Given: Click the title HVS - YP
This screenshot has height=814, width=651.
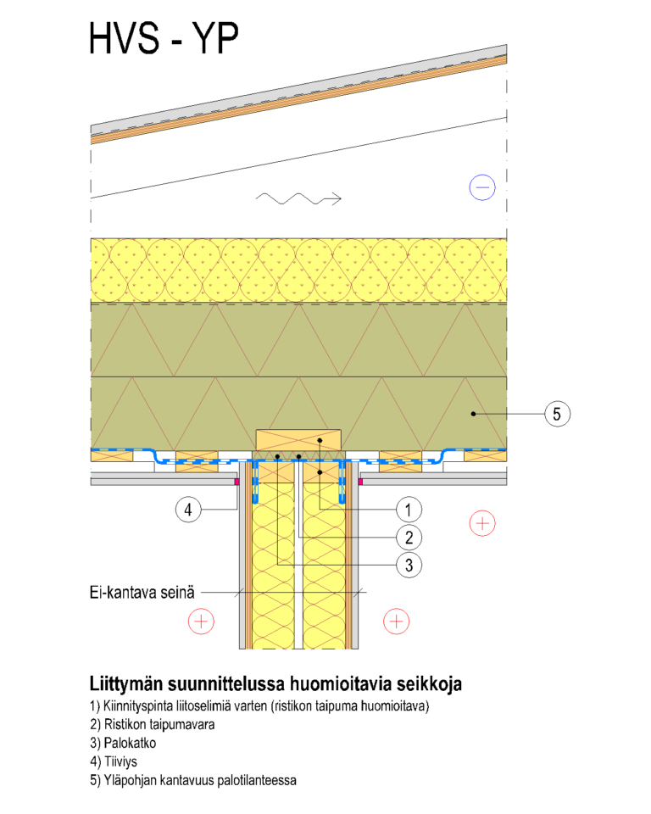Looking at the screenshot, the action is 164,38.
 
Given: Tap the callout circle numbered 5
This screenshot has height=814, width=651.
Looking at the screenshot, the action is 557,414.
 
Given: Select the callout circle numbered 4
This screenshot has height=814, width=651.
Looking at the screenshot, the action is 188,510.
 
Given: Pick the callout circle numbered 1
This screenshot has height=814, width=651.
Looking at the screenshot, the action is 409,510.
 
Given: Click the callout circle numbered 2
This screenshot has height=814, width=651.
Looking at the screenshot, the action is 409,538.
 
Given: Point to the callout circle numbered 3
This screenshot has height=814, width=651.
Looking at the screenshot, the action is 409,565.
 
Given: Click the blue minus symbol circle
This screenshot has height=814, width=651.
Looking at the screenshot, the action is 482,187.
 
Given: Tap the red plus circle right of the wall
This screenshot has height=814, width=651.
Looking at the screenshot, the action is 396,622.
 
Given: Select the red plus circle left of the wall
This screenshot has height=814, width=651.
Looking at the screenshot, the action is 201,622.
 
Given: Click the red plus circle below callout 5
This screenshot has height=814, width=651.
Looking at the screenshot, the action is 482,523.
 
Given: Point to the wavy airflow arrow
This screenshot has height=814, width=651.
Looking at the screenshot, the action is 298,198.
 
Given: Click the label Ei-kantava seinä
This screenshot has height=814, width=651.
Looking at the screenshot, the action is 142,593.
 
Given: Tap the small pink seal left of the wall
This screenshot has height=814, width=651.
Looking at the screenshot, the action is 236,482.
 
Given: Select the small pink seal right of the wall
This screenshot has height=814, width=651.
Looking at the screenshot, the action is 360,482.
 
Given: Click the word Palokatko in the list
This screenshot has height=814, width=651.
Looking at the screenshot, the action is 130,743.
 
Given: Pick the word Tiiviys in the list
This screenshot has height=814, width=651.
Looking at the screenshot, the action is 120,761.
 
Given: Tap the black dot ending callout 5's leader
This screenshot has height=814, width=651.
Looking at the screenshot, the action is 474,414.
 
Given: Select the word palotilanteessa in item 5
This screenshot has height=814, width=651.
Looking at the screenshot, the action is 257,780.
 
